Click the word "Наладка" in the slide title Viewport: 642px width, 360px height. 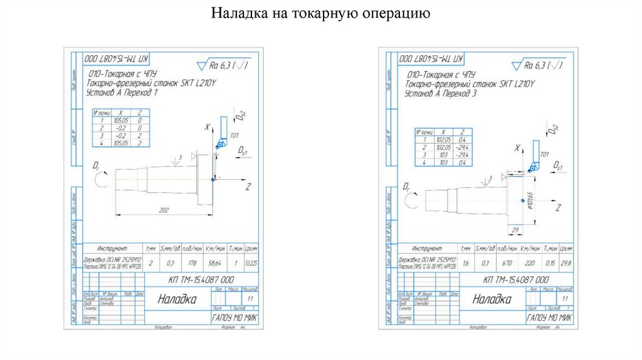click(237, 13)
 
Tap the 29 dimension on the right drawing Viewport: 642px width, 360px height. click(514, 231)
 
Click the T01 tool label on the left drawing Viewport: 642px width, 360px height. click(235, 135)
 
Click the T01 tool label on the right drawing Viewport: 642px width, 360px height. click(544, 154)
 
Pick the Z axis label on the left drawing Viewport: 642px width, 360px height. click(248, 187)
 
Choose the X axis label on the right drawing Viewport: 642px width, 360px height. click(517, 149)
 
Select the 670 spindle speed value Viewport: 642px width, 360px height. click(505, 263)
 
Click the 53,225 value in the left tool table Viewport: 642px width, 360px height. click(251, 262)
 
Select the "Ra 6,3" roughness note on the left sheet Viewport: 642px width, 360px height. click(219, 64)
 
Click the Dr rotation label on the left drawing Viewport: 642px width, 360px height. click(97, 166)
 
